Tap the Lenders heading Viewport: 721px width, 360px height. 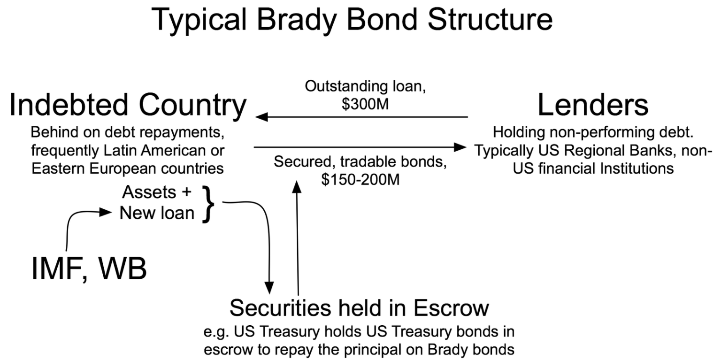(593, 106)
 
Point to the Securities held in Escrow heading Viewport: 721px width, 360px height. (359, 308)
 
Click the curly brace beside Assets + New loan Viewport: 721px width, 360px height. (209, 203)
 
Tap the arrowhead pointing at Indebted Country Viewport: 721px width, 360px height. (259, 116)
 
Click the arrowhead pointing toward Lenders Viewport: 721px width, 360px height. (463, 147)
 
